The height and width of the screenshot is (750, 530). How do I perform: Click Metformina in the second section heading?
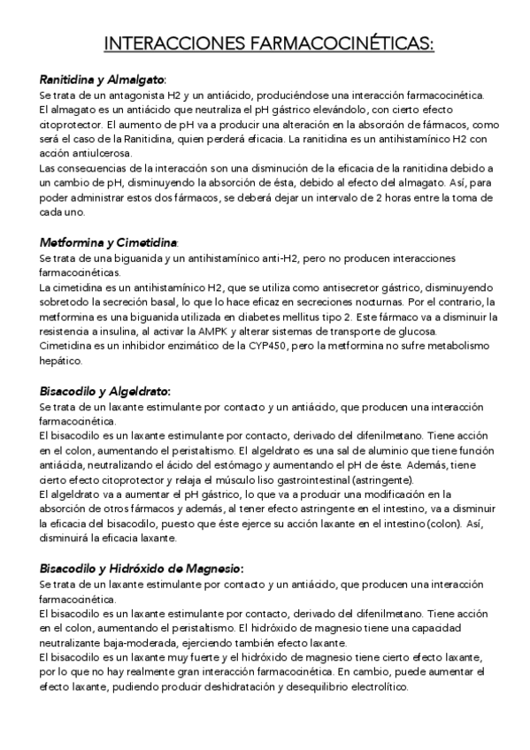point(70,241)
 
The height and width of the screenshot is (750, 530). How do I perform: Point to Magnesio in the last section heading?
point(210,569)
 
